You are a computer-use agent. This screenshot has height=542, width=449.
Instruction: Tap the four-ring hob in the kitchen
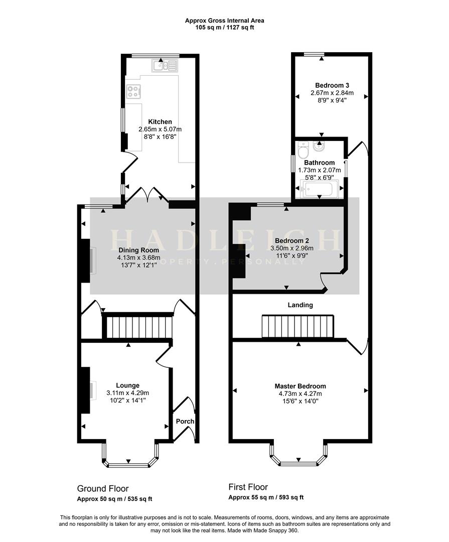click(134, 91)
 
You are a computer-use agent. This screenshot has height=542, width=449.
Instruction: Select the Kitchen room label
click(160, 121)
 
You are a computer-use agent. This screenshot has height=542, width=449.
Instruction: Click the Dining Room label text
click(138, 250)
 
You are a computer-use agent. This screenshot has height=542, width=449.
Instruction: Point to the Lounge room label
click(127, 385)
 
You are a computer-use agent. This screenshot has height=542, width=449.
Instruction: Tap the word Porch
click(185, 421)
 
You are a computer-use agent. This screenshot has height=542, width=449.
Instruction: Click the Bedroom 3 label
click(332, 85)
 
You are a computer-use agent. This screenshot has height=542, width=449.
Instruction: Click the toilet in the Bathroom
click(303, 150)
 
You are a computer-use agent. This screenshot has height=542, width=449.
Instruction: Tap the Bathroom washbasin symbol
click(318, 147)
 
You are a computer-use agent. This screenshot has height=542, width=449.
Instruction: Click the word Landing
click(300, 305)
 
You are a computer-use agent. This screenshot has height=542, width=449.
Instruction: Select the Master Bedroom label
click(300, 386)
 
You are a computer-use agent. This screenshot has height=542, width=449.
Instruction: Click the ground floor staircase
click(137, 327)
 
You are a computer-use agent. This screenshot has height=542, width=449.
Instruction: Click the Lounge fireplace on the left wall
click(85, 390)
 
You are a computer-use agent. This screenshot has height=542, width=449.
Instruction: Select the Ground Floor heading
click(102, 488)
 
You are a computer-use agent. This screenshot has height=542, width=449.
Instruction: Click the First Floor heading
click(248, 487)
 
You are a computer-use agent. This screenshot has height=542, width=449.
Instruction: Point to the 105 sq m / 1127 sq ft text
click(224, 28)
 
